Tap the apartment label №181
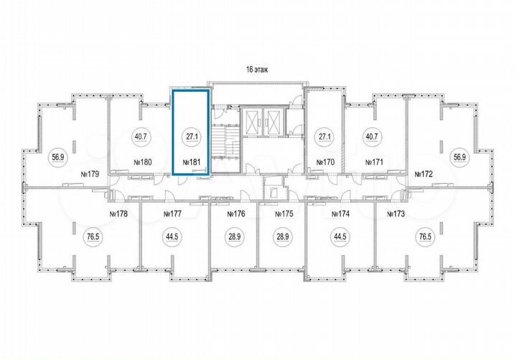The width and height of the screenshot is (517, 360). (191, 162)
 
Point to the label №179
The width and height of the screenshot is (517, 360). (89, 174)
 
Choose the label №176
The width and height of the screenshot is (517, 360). (236, 214)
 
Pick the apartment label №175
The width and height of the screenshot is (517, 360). (286, 214)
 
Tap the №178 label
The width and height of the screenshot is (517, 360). (117, 214)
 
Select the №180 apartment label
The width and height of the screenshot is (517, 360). (144, 162)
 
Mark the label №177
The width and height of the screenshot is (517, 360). (173, 214)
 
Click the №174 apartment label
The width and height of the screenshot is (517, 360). (340, 214)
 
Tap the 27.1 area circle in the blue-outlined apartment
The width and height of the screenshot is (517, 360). (190, 137)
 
